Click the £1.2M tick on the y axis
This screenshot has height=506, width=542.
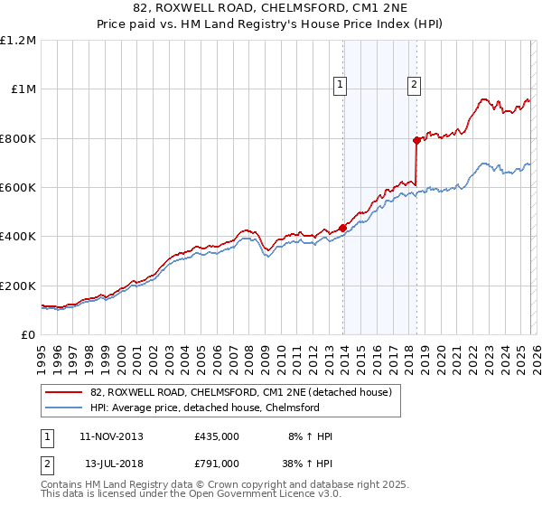(18, 41)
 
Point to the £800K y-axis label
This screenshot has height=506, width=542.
(18, 139)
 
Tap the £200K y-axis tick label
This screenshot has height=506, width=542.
(18, 286)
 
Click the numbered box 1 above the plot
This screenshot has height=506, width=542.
(341, 86)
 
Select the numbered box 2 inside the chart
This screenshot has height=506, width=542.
(414, 86)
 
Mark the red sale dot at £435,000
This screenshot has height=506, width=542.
(342, 228)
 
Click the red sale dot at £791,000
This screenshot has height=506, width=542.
(416, 140)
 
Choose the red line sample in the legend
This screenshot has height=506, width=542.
(64, 393)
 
